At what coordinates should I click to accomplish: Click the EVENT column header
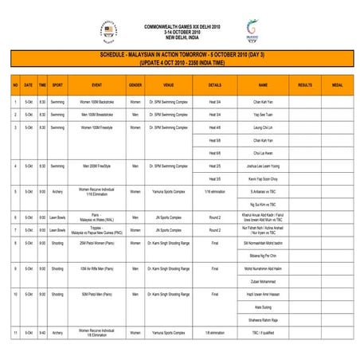pyautogui.click(x=96, y=84)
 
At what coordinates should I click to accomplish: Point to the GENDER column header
pyautogui.click(x=135, y=84)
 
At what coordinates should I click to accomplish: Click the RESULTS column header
pyautogui.click(x=304, y=84)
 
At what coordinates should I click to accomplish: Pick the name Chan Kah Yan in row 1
pyautogui.click(x=263, y=103)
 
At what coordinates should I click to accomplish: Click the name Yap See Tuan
pyautogui.click(x=263, y=115)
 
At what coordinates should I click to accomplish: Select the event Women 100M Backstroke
pyautogui.click(x=96, y=103)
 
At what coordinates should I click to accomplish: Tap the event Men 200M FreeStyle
pyautogui.click(x=96, y=166)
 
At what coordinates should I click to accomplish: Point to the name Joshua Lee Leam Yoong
pyautogui.click(x=263, y=166)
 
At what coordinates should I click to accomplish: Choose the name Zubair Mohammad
pyautogui.click(x=263, y=281)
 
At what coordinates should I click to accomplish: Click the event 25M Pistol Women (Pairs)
pyautogui.click(x=96, y=243)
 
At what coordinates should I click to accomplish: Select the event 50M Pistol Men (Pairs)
pyautogui.click(x=96, y=294)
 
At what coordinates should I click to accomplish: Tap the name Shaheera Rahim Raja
pyautogui.click(x=263, y=319)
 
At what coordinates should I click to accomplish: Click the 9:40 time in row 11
pyautogui.click(x=41, y=332)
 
